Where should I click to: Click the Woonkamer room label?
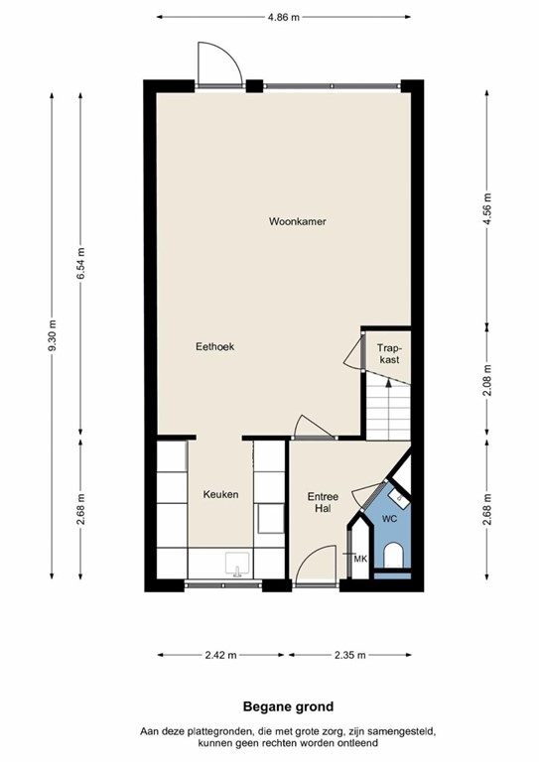[297, 221]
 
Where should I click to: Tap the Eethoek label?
[213, 346]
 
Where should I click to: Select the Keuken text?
[220, 494]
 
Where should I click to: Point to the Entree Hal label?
[323, 502]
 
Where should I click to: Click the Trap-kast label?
[388, 353]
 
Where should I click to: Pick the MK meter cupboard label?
[360, 560]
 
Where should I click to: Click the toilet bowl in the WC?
[393, 556]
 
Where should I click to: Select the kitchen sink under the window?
[236, 566]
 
